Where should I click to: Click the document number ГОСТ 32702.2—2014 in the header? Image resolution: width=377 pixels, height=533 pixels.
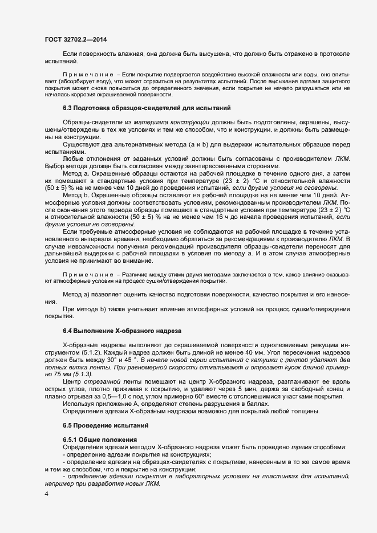(x=75, y=39)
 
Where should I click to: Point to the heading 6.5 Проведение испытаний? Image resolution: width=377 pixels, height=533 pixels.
(x=106, y=425)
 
